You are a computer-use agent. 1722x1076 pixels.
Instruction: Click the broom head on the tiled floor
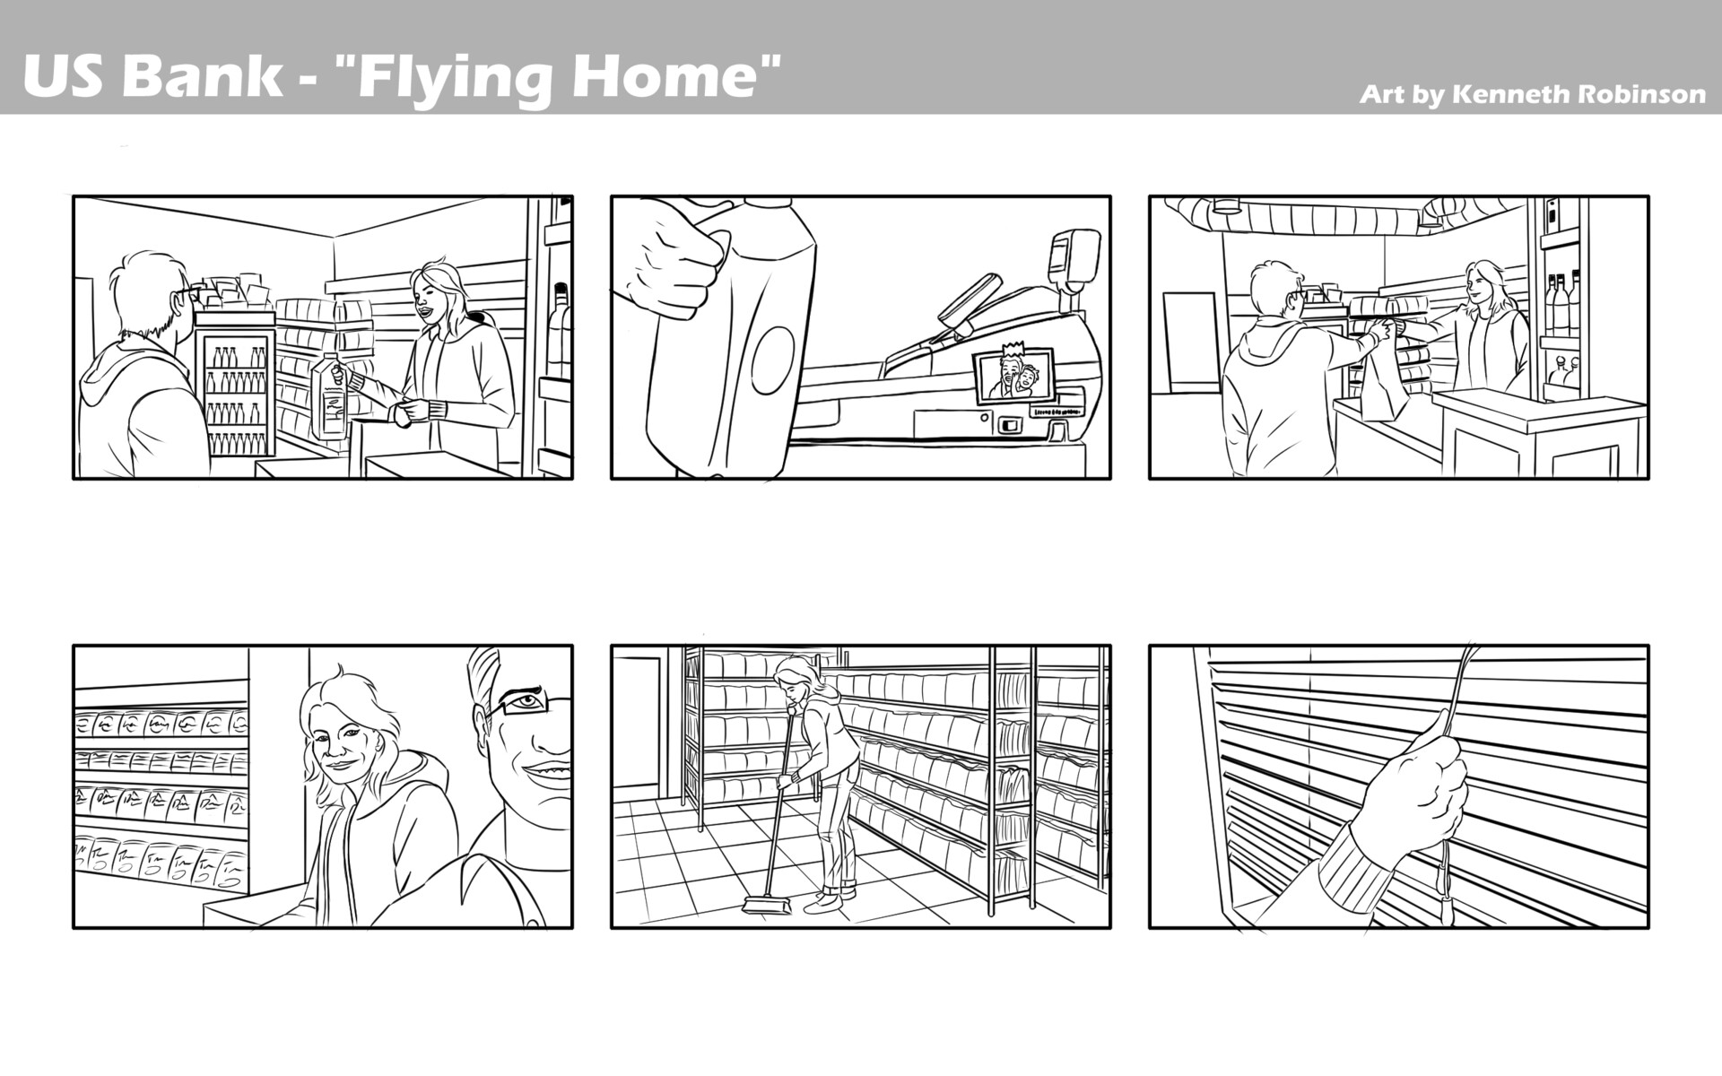768,907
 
